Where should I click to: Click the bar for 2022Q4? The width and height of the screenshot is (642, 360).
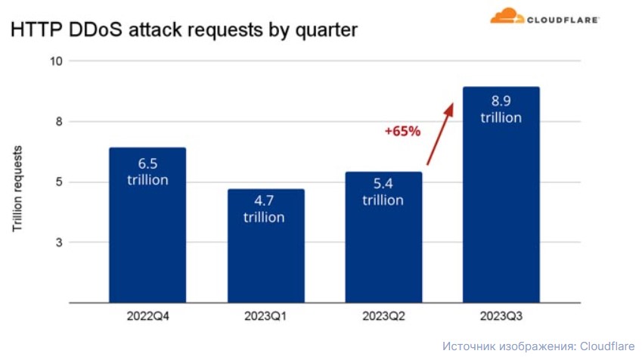pos(147,225)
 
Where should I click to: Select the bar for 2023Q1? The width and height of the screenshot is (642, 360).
pos(266,246)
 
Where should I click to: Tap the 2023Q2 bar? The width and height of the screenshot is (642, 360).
pos(383,237)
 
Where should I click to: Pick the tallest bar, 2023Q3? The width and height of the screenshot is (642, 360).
pos(501,194)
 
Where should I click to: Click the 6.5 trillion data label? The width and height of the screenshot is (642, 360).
pos(147,172)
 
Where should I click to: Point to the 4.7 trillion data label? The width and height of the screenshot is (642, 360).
pos(264,209)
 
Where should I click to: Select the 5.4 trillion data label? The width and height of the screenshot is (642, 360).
pos(383,191)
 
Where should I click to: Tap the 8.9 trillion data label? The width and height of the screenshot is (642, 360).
pos(501,109)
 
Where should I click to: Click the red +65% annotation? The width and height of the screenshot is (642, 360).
pos(402,131)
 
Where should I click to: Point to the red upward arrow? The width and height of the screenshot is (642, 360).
pos(440,134)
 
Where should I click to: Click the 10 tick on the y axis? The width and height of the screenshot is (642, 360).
pos(56,61)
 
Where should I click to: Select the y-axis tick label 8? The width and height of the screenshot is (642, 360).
pos(60,122)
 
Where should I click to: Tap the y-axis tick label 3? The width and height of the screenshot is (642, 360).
pos(60,243)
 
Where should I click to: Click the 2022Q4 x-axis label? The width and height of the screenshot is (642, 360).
pos(147,316)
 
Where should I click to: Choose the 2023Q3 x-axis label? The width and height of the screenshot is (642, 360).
pos(501,316)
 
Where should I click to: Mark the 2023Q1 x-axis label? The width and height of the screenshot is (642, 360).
pos(265,316)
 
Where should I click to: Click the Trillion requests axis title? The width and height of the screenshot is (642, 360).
pos(17,189)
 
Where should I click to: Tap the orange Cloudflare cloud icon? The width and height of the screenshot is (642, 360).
pos(507,16)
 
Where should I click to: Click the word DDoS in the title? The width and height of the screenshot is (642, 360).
pos(96,30)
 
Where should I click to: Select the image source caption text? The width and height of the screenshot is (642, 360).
pos(538,346)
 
